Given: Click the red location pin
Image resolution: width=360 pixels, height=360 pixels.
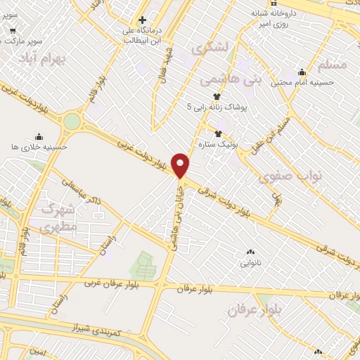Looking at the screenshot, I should click(181, 165).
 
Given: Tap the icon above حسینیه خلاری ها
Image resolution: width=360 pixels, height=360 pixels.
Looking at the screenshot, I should click(39, 136).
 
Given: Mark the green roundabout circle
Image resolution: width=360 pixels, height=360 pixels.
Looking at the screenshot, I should click(71, 122).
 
